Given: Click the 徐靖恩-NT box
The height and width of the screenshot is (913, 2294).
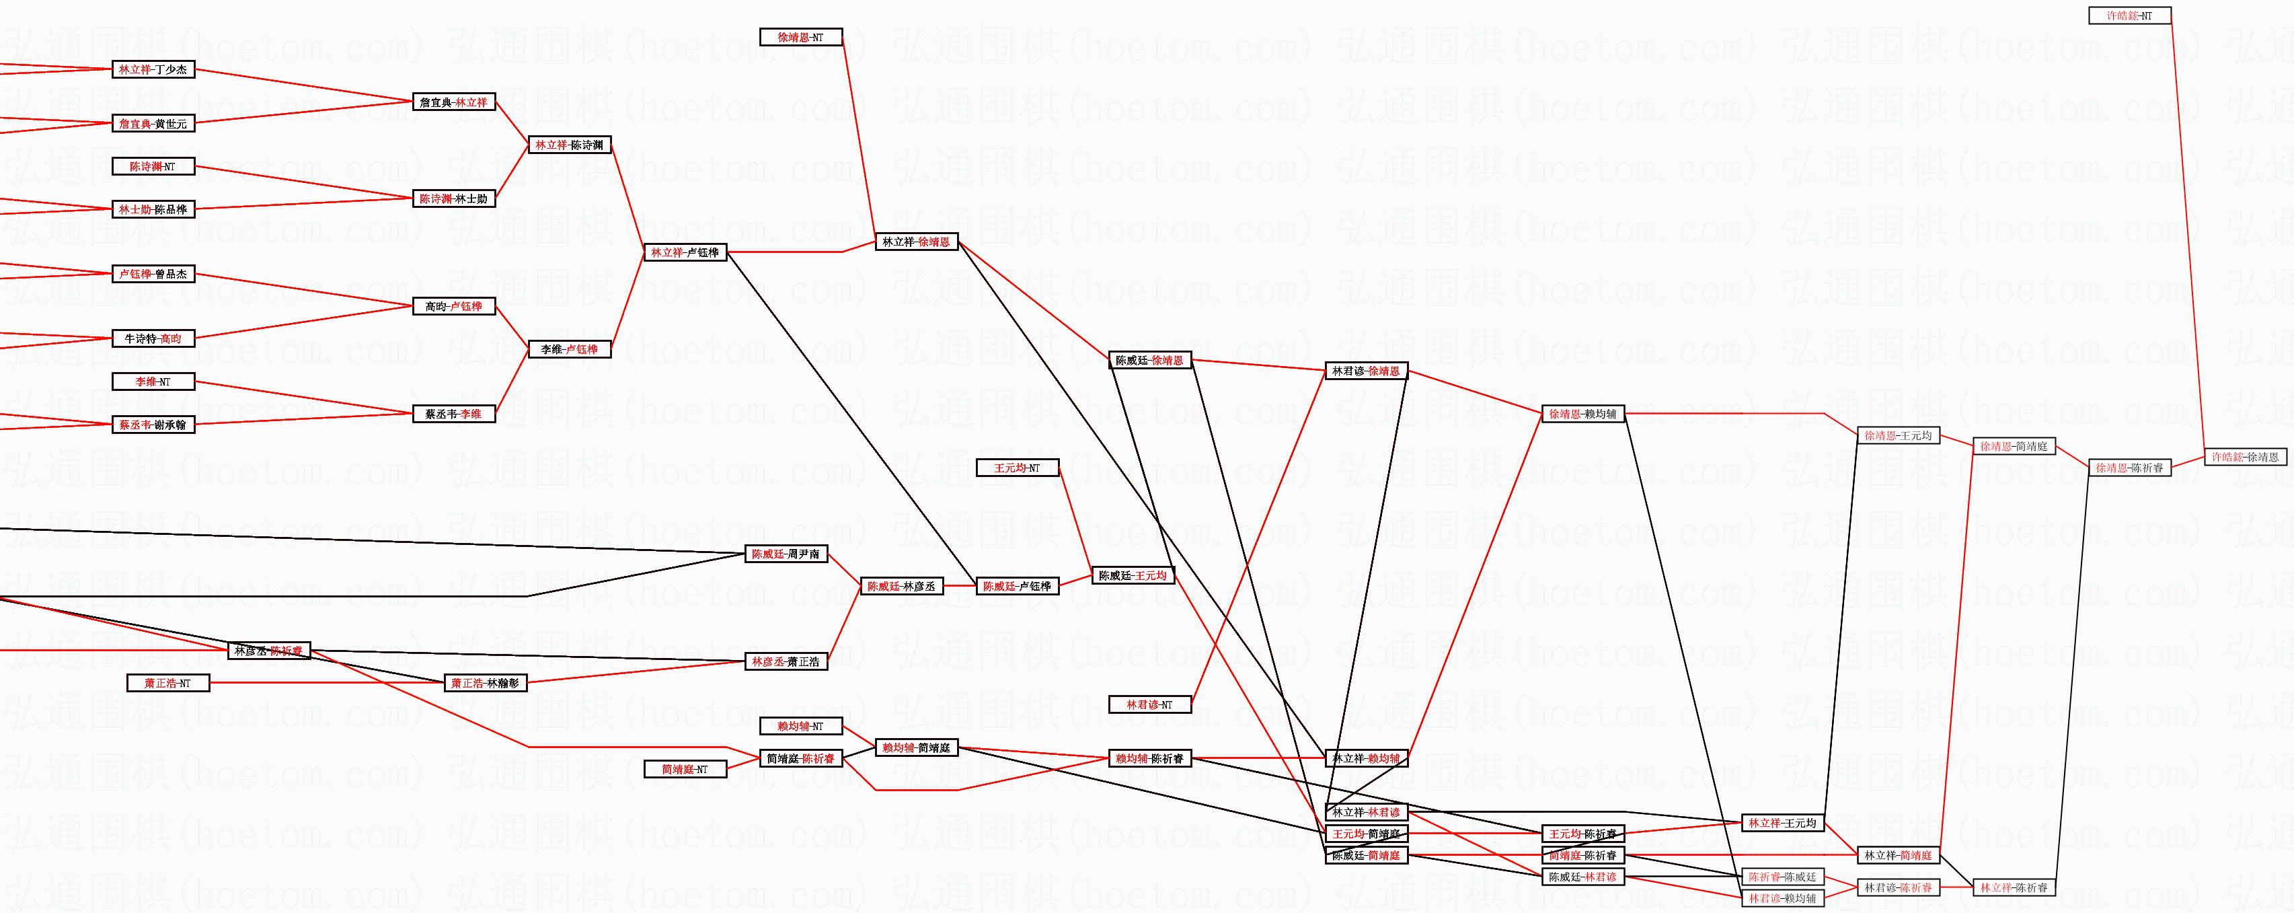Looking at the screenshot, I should (x=800, y=38).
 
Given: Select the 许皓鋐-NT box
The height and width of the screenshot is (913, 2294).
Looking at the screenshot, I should (x=2129, y=15).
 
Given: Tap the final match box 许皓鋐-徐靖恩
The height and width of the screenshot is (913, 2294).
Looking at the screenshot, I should (x=2245, y=457).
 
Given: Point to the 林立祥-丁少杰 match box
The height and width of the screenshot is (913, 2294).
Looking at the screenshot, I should (x=153, y=69).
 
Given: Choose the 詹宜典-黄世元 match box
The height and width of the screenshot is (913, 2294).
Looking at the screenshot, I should (x=153, y=124).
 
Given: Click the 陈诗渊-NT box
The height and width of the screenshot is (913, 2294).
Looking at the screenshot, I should (x=153, y=167).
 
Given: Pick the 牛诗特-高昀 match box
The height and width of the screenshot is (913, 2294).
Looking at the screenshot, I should (x=153, y=338).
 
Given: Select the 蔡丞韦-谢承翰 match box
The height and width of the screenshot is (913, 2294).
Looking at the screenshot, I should (x=153, y=425).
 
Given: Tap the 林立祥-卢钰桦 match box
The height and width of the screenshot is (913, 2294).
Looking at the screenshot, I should (x=685, y=253).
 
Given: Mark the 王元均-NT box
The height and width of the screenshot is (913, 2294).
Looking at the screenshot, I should (x=1018, y=468).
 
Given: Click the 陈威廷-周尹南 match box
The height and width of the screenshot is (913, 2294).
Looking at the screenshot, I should (x=786, y=554).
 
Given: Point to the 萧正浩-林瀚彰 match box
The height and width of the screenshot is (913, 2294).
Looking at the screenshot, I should (x=486, y=683).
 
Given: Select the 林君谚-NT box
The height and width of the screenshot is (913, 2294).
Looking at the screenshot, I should (x=1149, y=704).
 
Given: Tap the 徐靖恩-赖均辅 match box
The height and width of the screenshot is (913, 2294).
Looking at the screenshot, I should (x=1582, y=414).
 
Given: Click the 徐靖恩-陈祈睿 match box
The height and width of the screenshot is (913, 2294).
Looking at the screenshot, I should (x=2129, y=468).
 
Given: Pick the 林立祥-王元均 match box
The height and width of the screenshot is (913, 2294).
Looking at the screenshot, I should (x=1782, y=823).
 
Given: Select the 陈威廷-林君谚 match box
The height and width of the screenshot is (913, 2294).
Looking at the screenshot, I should (x=1582, y=877).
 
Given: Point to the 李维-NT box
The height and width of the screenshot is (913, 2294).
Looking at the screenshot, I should (x=153, y=381).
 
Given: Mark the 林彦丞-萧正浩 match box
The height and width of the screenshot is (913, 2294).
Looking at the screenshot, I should (x=786, y=662).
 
